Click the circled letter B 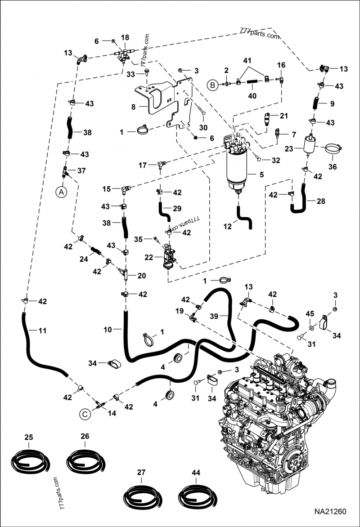(x=211, y=84)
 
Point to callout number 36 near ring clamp (x=333, y=166)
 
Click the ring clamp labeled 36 (x=333, y=149)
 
